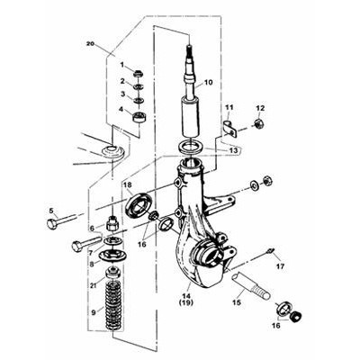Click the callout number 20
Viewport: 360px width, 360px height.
[90, 44]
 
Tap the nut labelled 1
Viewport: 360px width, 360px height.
[139, 73]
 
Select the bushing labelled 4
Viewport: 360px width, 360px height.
[139, 116]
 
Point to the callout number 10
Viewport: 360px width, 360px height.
[208, 82]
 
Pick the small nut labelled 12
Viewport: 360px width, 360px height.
[259, 122]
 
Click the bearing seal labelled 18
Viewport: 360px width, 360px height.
[139, 205]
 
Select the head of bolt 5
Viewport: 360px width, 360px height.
[51, 224]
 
